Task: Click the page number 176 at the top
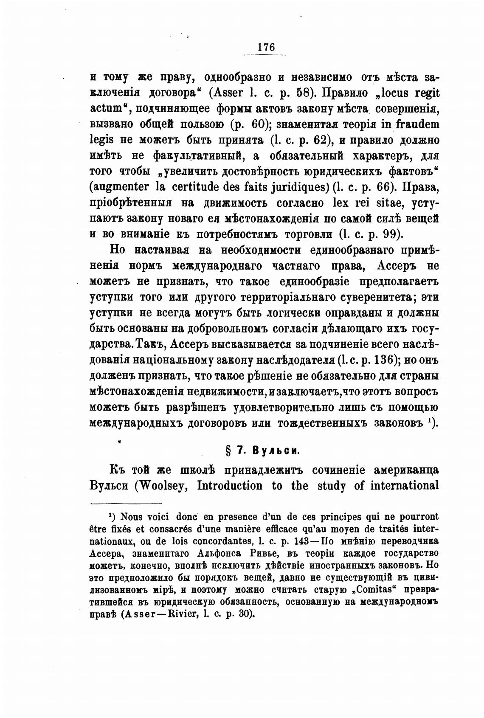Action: pyautogui.click(x=266, y=47)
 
